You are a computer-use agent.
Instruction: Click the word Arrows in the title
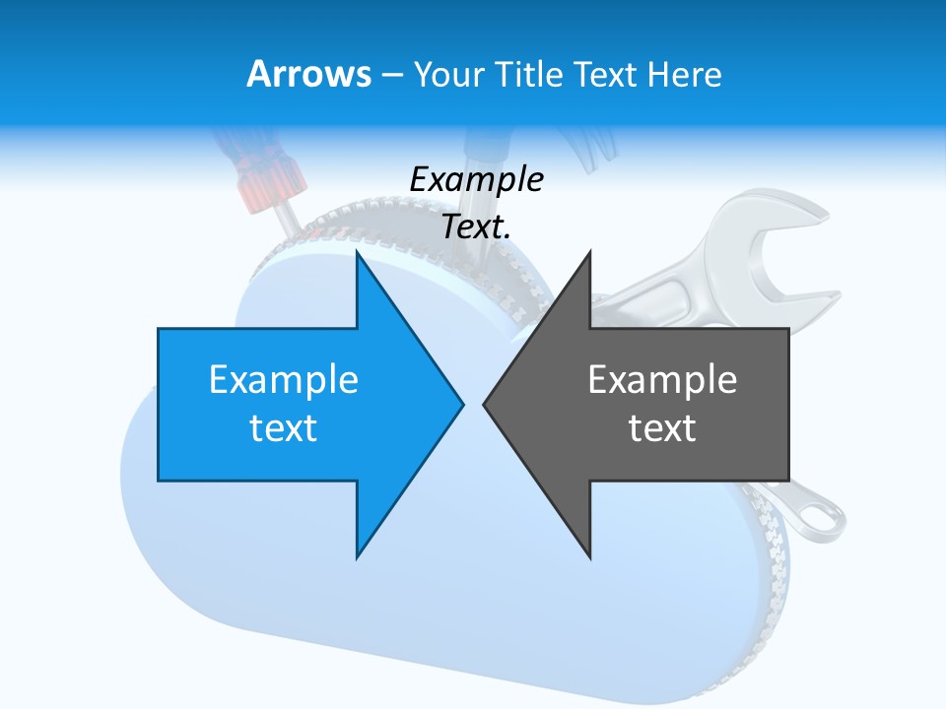pyautogui.click(x=309, y=74)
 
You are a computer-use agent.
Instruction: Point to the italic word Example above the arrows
pyautogui.click(x=476, y=180)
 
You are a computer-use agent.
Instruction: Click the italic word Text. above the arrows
pyautogui.click(x=476, y=227)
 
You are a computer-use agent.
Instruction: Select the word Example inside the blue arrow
pyautogui.click(x=284, y=379)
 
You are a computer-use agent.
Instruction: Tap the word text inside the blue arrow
pyautogui.click(x=284, y=428)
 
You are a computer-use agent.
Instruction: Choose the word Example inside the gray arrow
pyautogui.click(x=662, y=379)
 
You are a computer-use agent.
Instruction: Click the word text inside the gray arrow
pyautogui.click(x=662, y=428)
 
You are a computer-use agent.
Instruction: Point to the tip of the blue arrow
pyautogui.click(x=460, y=403)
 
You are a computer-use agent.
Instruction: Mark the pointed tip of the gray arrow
pyautogui.click(x=486, y=403)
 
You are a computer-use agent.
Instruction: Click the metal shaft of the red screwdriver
pyautogui.click(x=287, y=216)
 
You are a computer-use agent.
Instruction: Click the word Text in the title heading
pyautogui.click(x=606, y=74)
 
